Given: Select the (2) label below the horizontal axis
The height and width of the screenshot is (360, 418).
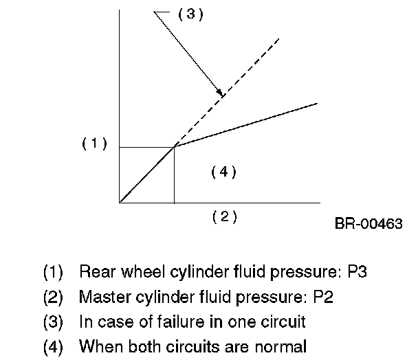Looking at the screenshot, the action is click(224, 216).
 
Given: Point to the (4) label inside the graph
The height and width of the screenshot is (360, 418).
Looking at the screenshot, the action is click(223, 172).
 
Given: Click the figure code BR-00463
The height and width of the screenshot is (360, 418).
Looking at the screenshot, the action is click(368, 223).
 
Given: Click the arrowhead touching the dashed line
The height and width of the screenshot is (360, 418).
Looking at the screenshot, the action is click(219, 93).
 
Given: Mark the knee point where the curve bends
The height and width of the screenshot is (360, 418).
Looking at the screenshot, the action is click(174, 146).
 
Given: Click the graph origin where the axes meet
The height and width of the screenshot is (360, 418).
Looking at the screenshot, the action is click(120, 203).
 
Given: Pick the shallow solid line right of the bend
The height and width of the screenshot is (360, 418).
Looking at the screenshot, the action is click(247, 124).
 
